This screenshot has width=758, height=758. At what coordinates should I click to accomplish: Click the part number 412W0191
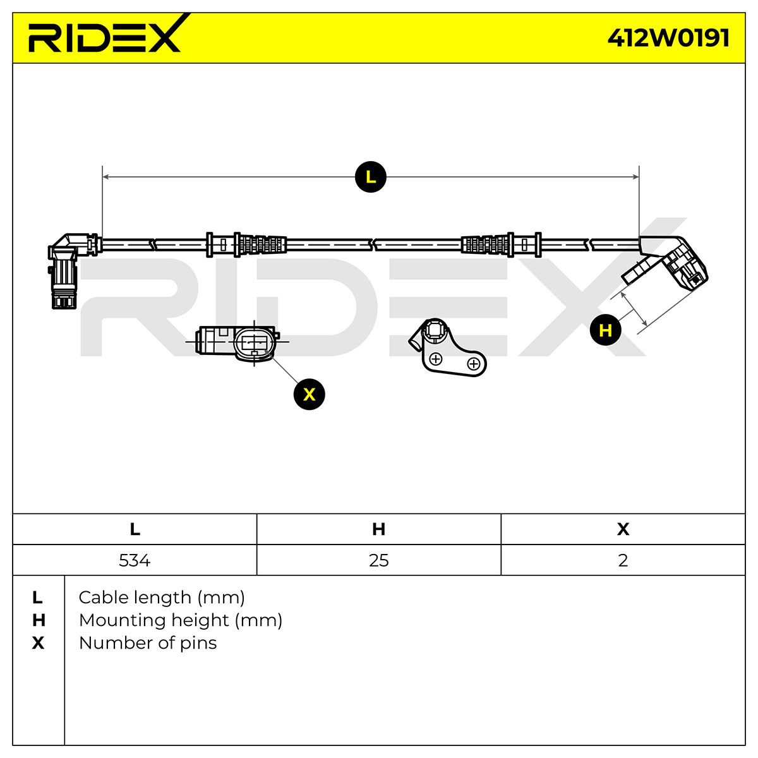pos(668,38)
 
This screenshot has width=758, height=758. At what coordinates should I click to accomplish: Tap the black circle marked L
pos(371,177)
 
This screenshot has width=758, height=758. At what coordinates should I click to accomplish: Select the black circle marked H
pos(605,330)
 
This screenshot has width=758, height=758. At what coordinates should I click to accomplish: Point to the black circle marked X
pos(309,394)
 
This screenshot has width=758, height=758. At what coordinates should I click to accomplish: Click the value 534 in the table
pos(135,560)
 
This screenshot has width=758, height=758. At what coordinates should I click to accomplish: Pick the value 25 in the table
pos(379,560)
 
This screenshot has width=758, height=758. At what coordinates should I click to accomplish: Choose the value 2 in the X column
pos(623,560)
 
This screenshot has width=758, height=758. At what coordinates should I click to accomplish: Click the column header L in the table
pos(135,529)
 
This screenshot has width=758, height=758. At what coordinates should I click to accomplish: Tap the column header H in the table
pos(379,529)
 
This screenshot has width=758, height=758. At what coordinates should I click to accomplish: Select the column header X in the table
pos(623,529)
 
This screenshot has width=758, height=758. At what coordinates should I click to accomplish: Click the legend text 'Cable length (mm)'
pos(162,598)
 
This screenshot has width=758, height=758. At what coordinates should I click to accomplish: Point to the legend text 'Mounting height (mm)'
pos(181,620)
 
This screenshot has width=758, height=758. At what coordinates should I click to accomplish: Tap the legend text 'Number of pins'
pos(148,643)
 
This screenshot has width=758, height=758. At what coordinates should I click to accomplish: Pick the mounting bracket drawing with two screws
pos(448,347)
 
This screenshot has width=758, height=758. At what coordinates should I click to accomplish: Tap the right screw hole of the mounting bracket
pos(474,364)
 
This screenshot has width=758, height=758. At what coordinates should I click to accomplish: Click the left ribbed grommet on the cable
pos(262,244)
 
